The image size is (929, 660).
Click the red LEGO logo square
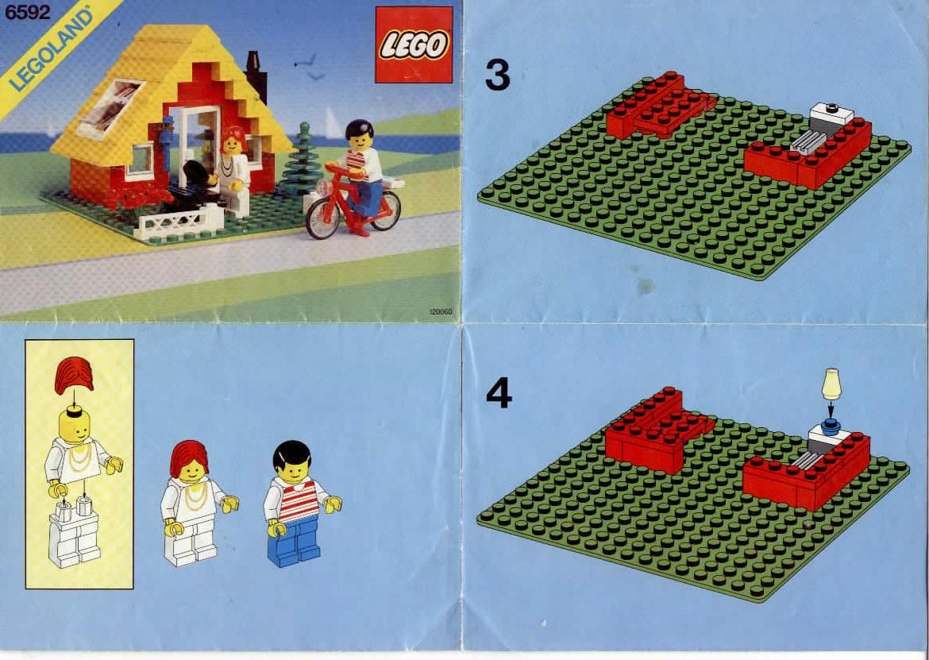pyautogui.click(x=414, y=45)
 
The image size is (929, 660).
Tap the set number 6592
pyautogui.click(x=27, y=13)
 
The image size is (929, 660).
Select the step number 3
pyautogui.click(x=497, y=75)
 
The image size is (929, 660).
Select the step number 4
pyautogui.click(x=499, y=393)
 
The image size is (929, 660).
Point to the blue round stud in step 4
pyautogui.click(x=831, y=423)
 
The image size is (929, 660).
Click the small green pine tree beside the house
pyautogui.click(x=302, y=159)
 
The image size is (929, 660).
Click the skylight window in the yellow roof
pyautogui.click(x=111, y=108)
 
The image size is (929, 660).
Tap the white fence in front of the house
pyautogui.click(x=178, y=224)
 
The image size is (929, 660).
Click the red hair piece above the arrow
pyautogui.click(x=74, y=376)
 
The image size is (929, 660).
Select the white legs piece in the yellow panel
pyautogui.click(x=75, y=535)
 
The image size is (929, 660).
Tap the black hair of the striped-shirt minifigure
pyautogui.click(x=292, y=454)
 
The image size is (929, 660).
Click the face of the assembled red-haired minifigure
pyautogui.click(x=191, y=473)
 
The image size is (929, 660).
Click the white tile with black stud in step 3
pyautogui.click(x=832, y=113)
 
